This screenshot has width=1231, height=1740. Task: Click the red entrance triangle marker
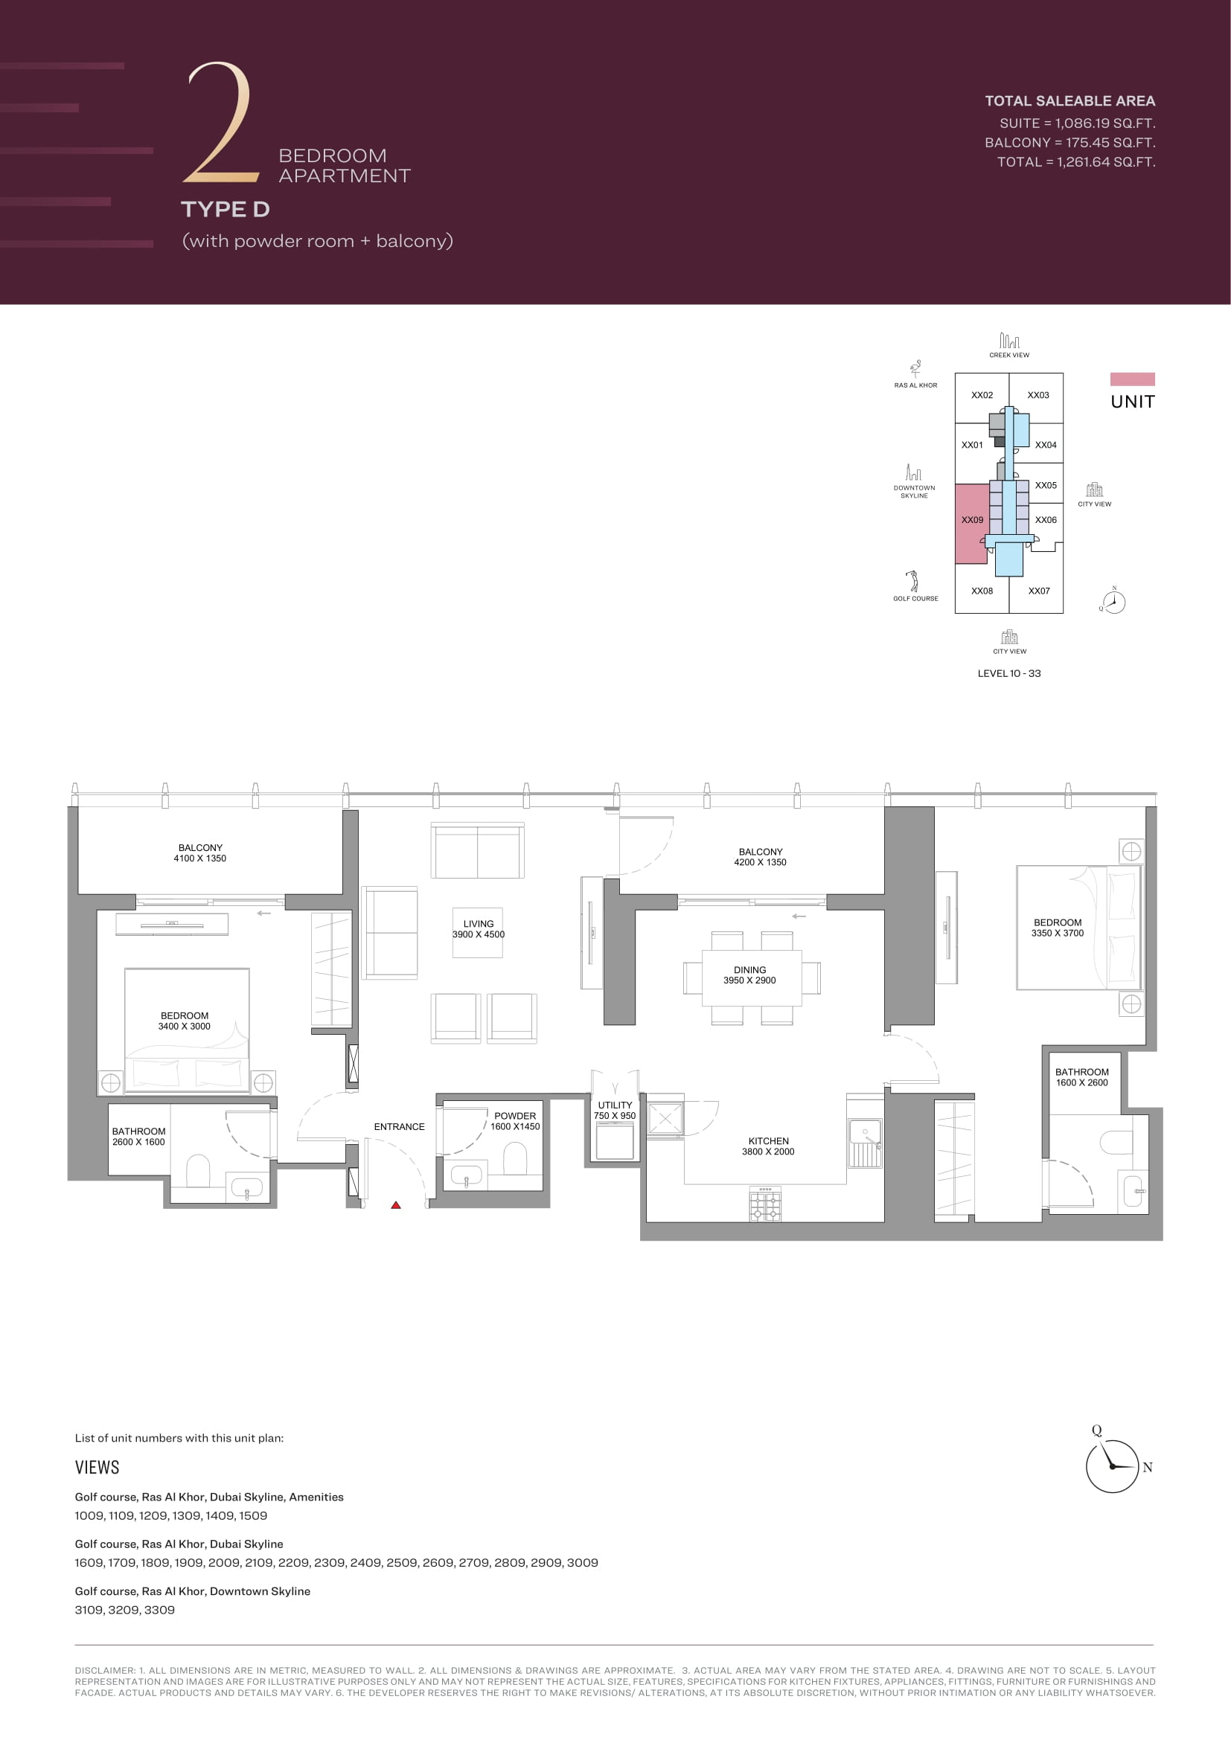[396, 1204]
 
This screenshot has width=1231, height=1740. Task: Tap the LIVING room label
[479, 924]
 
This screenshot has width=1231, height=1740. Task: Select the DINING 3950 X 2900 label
[749, 975]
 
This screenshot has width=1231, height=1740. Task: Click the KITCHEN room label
[769, 1140]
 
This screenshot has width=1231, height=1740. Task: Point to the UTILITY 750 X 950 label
[615, 1110]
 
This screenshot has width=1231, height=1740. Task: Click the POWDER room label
[515, 1116]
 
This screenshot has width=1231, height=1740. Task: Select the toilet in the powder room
[515, 1158]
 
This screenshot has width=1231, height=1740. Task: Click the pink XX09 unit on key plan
[971, 523]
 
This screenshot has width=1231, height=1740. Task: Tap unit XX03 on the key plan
[1037, 395]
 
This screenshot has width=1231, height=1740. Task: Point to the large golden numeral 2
[220, 123]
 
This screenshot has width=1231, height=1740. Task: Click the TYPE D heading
[225, 209]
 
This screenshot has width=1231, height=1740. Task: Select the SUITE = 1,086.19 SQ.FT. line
[1077, 123]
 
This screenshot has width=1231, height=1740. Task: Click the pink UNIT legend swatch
[1133, 379]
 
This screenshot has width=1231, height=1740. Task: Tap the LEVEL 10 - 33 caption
[1009, 673]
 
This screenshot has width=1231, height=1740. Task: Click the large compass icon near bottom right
[1112, 1466]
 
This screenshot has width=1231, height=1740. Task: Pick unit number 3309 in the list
[159, 1610]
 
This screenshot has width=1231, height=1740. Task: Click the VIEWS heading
[97, 1467]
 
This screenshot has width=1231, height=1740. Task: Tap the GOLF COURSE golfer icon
[913, 580]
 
